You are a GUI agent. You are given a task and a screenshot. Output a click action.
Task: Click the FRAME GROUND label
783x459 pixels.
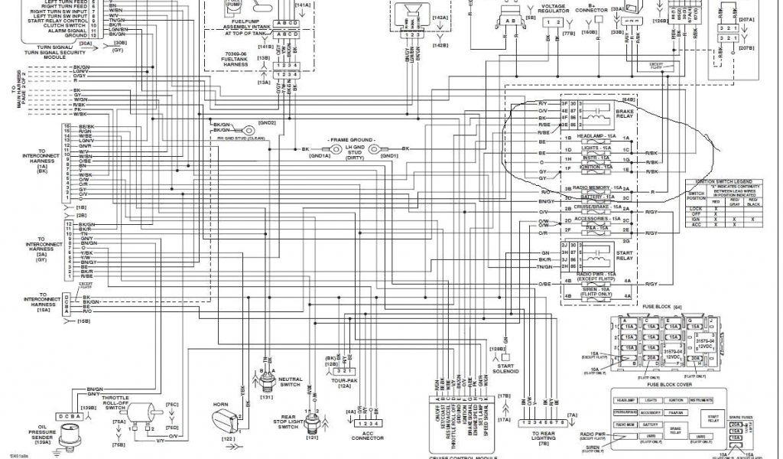point(352,140)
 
